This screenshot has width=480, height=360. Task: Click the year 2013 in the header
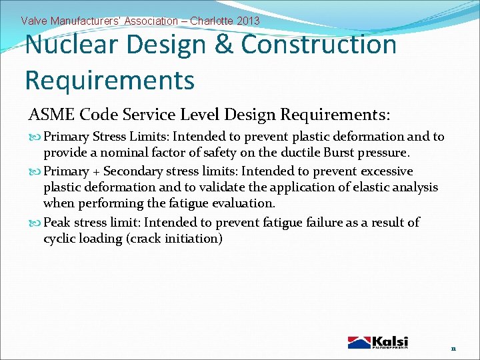coord(247,21)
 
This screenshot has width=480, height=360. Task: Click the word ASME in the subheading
coord(51,115)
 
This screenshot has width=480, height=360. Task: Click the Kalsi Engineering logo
coord(378,342)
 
